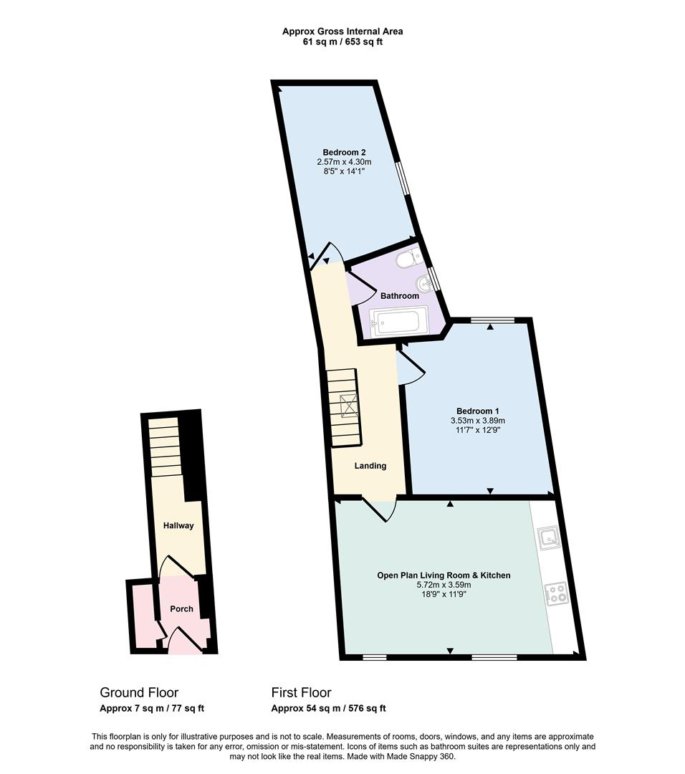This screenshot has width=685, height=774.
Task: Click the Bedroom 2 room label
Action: pos(344,152)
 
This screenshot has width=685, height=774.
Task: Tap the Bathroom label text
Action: pos(399,296)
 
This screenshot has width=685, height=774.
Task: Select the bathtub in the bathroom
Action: pos(399,321)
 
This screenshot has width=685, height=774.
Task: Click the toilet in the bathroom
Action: pos(409,259)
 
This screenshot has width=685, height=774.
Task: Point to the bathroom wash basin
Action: pos(427,282)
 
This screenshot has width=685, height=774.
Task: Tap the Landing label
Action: pos(370,466)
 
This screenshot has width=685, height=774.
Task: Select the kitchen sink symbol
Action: pos(550,537)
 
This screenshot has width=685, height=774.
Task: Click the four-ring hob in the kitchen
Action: pos(556,593)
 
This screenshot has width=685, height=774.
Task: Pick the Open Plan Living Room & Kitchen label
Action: pos(444,575)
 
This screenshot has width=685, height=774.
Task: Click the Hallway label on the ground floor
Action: pos(178,525)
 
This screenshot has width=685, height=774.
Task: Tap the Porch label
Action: pos(181,609)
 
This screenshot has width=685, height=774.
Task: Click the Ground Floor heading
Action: pos(139,692)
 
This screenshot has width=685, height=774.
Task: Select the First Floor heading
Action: pos(301,692)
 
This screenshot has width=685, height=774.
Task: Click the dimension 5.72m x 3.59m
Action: pos(444,585)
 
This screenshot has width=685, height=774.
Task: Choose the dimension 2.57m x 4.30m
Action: pos(344,162)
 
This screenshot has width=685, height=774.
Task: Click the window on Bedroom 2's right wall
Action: pos(405,177)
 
